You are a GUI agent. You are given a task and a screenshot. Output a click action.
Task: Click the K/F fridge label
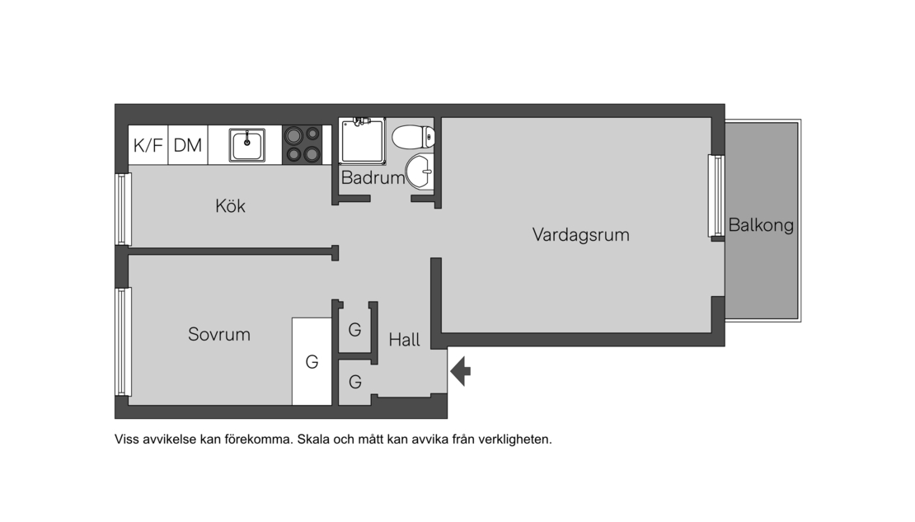pos(148,145)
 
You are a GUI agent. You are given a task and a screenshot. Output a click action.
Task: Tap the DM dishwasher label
pos(188,145)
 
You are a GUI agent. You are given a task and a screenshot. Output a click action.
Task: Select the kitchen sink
pos(246,145)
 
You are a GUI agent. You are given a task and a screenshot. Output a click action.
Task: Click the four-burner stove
pos(303,145)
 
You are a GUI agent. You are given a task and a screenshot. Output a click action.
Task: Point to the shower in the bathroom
pos(363,141)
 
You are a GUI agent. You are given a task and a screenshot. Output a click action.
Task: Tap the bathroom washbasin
pos(420,172)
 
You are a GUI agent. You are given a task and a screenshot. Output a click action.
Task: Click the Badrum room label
pos(373,177)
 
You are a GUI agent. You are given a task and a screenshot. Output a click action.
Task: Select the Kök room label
pos(231,205)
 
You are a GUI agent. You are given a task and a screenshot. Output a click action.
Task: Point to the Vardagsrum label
pos(580,235)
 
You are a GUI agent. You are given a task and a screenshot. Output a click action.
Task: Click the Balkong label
pos(761,225)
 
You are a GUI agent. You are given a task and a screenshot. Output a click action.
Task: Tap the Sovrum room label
pos(218,334)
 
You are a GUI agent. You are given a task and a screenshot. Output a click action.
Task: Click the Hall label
pos(405,340)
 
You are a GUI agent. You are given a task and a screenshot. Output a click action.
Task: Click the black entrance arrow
pos(461,371)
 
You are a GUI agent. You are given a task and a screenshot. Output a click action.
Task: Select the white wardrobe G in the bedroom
pos(312,361)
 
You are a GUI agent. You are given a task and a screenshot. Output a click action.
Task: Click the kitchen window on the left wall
pos(122,209)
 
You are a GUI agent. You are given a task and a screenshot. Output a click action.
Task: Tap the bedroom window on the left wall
pos(122,342)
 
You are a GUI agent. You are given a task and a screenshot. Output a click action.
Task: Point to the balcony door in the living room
pos(716,196)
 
